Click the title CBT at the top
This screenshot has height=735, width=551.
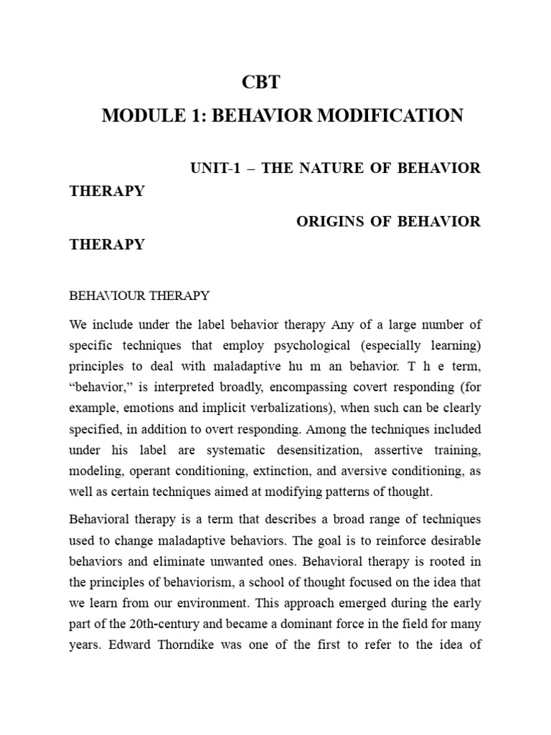click(261, 83)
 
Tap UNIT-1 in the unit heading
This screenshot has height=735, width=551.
click(217, 168)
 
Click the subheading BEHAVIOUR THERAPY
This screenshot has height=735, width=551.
click(139, 295)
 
